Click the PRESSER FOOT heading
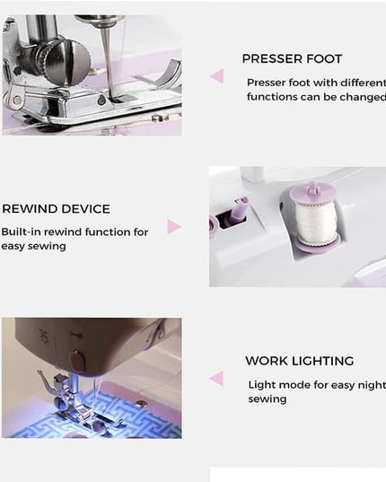(x=292, y=59)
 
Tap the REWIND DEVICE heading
(x=56, y=209)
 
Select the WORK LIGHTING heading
(x=299, y=361)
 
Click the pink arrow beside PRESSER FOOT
(x=217, y=76)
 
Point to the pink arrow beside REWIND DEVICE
(x=174, y=227)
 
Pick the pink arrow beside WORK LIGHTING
(x=216, y=378)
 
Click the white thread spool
(x=315, y=221)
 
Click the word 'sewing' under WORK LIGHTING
(x=268, y=399)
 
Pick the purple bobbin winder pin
(x=239, y=209)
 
